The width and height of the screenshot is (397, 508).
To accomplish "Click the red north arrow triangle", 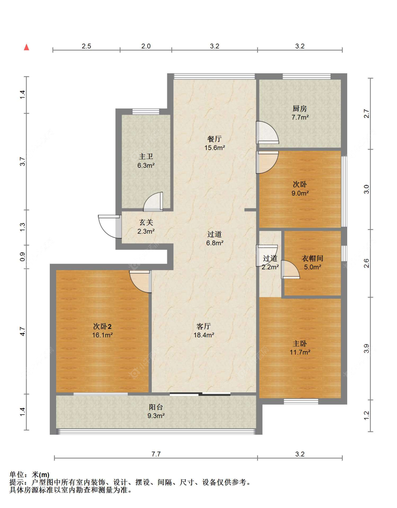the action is click(x=27, y=47).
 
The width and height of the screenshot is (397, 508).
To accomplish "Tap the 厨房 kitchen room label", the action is click(x=300, y=109).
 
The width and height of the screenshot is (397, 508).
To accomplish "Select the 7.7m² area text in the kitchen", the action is click(x=300, y=117).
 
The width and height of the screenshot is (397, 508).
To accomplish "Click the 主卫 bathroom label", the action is click(x=146, y=157).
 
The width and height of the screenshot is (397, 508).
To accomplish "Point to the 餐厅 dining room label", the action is click(x=214, y=139).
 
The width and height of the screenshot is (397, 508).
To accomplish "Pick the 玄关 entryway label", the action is click(x=146, y=222).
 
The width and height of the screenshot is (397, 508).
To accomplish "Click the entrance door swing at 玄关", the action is click(x=109, y=227).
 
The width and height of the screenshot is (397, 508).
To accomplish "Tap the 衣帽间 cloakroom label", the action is click(x=312, y=258).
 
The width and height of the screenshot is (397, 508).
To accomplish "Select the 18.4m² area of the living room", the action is click(x=204, y=335).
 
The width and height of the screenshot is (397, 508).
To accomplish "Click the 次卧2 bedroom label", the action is click(x=102, y=326).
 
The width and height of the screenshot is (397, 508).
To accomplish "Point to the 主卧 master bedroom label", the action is click(x=300, y=343).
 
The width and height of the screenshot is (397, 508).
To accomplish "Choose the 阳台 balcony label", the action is click(x=156, y=407).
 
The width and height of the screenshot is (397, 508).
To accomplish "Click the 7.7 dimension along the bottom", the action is click(x=156, y=454).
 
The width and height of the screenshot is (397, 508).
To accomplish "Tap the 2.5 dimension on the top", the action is click(x=86, y=46).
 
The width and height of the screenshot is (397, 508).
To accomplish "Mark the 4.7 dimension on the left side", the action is click(x=23, y=331).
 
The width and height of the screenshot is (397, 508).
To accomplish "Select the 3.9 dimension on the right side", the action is click(x=366, y=348).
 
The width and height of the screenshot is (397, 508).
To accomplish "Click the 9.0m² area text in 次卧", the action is click(x=300, y=193).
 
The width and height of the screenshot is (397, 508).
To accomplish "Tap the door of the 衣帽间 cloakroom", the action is click(x=290, y=270).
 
